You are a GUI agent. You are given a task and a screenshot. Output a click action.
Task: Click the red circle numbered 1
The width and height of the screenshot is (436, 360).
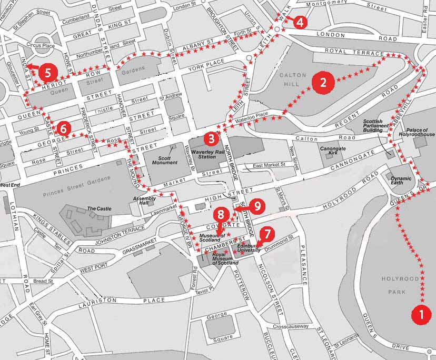[420, 314]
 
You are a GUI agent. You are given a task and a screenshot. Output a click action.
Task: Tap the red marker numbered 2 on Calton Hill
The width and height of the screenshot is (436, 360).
[322, 83]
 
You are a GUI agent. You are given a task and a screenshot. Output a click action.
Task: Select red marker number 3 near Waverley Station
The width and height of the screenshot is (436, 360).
[211, 138]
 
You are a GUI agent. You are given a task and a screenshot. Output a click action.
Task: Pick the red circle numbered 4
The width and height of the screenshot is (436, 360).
[299, 22]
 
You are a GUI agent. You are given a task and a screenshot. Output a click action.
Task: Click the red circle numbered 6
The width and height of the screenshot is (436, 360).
[63, 127]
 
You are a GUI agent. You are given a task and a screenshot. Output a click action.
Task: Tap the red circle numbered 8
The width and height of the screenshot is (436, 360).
[221, 214]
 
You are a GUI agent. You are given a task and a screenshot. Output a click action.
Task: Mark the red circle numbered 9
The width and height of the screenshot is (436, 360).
[257, 206]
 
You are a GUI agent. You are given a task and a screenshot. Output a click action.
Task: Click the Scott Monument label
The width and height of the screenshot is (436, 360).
[164, 160]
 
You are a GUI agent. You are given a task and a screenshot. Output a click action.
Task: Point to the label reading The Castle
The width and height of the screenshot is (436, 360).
[99, 208]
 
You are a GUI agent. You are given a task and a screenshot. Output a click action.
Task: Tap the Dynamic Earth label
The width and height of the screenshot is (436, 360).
[401, 181]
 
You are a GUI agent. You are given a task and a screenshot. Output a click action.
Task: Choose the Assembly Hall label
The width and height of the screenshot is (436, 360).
[144, 201]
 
